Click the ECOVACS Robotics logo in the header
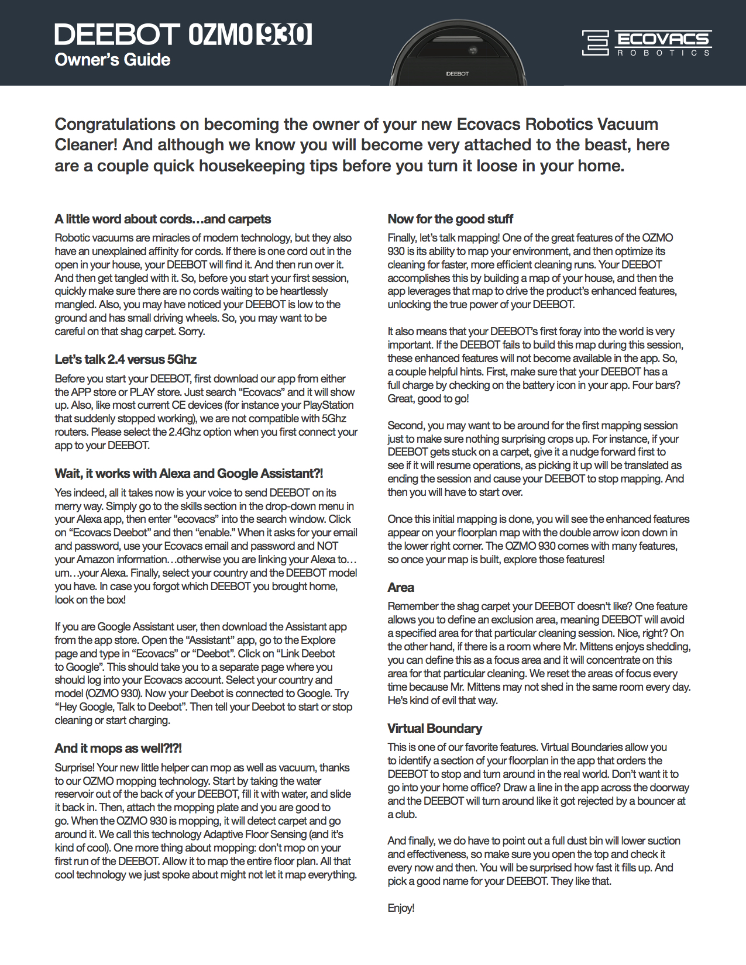tap(647, 43)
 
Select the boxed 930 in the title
tap(284, 35)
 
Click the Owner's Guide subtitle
tap(112, 60)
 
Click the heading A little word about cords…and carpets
tap(163, 219)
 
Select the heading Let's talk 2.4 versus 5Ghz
tap(125, 360)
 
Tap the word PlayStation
tap(328, 405)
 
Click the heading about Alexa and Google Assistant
tap(188, 474)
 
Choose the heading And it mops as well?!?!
tap(118, 749)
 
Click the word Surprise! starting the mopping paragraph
tap(74, 768)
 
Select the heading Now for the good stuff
tap(450, 219)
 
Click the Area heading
tap(401, 588)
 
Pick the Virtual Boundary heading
tap(435, 729)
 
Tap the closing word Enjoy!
tap(401, 908)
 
